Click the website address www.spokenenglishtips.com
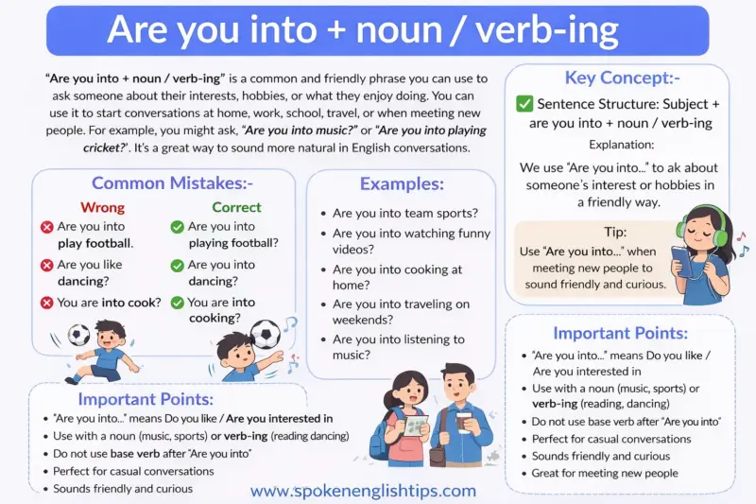point(363,491)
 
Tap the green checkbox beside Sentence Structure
point(524,104)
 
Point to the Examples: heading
point(402,184)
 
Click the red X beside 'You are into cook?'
point(46,304)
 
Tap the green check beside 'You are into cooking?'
point(177,304)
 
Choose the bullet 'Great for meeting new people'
point(605,473)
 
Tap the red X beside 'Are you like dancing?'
point(46,266)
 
